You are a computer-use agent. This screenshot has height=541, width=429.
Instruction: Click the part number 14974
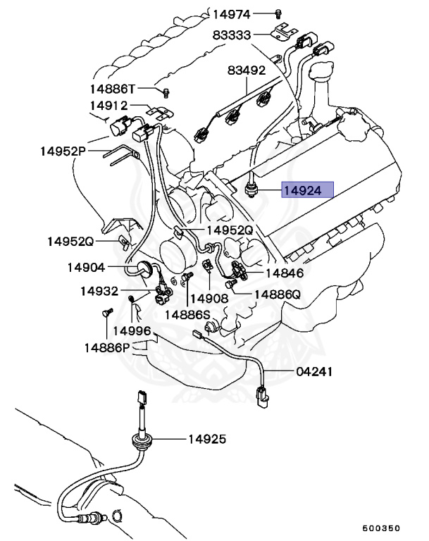tap(232, 13)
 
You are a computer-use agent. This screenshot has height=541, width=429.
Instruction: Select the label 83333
tap(232, 35)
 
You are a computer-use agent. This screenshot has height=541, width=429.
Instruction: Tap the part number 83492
tap(246, 70)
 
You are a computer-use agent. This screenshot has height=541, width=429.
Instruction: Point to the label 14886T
tap(112, 89)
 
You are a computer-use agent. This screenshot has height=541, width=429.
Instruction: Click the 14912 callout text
tap(108, 106)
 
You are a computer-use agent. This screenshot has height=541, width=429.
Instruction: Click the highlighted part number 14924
tap(302, 189)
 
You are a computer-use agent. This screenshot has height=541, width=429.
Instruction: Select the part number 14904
tap(87, 267)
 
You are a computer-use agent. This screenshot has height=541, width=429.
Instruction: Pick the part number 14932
tap(99, 290)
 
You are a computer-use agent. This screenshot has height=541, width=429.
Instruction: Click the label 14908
tap(209, 298)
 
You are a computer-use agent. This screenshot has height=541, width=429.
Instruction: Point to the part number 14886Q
tap(278, 294)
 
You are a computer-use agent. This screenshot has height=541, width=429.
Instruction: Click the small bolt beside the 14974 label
tap(278, 13)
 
